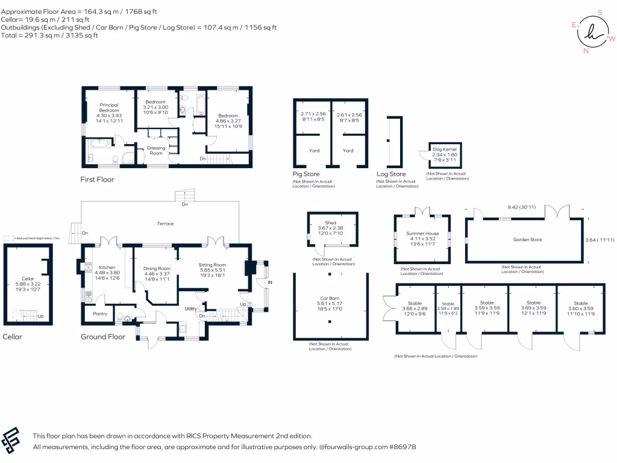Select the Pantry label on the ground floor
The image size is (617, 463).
click(99, 313)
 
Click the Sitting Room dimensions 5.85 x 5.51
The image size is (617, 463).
click(212, 271)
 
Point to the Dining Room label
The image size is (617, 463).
click(157, 268)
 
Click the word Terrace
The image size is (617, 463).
click(165, 224)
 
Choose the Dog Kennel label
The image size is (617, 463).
click(445, 148)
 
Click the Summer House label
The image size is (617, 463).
click(422, 233)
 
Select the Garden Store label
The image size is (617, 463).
click(527, 239)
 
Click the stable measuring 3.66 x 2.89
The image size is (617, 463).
click(414, 306)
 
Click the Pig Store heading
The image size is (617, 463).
click(306, 174)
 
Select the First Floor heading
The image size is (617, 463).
click(97, 180)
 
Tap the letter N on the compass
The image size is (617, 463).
click(586, 51)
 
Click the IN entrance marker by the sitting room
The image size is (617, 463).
click(270, 282)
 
